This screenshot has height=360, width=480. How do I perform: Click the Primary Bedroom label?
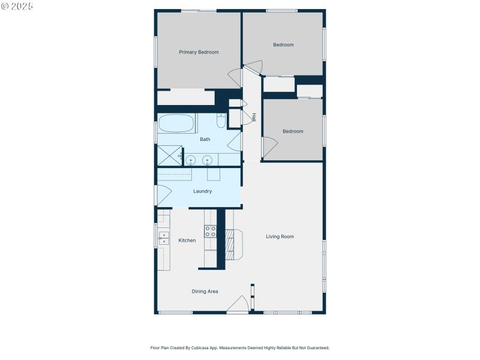pos(199,52)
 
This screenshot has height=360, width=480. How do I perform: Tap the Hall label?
pos(254,117)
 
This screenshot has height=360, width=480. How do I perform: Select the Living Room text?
pos(280,236)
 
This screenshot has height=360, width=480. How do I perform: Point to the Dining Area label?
pos(205,292)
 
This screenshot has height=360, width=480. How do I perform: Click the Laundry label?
pos(202,191)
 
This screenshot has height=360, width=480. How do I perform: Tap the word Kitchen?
pos(187,241)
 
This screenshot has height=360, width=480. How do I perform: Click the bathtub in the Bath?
pos(176,124)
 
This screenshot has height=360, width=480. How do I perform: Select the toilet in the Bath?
pos(221,122)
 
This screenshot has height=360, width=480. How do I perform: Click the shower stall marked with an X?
pos(169,156)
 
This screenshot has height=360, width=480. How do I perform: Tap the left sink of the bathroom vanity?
pos(191,160)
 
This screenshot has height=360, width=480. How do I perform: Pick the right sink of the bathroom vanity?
pos(208,160)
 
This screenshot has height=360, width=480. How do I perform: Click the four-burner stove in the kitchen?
pos(211,231)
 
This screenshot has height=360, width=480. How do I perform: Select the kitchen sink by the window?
pos(163,238)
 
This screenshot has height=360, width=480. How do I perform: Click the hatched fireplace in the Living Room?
pos(229,245)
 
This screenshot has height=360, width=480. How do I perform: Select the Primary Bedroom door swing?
pos(235,79)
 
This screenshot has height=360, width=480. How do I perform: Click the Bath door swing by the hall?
pos(235,142)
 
